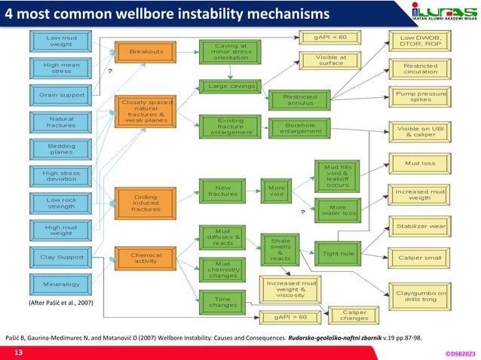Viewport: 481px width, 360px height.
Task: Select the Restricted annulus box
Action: point(299,100)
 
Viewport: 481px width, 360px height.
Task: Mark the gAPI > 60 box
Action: point(289,317)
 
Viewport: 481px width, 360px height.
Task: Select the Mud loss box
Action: point(420,162)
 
